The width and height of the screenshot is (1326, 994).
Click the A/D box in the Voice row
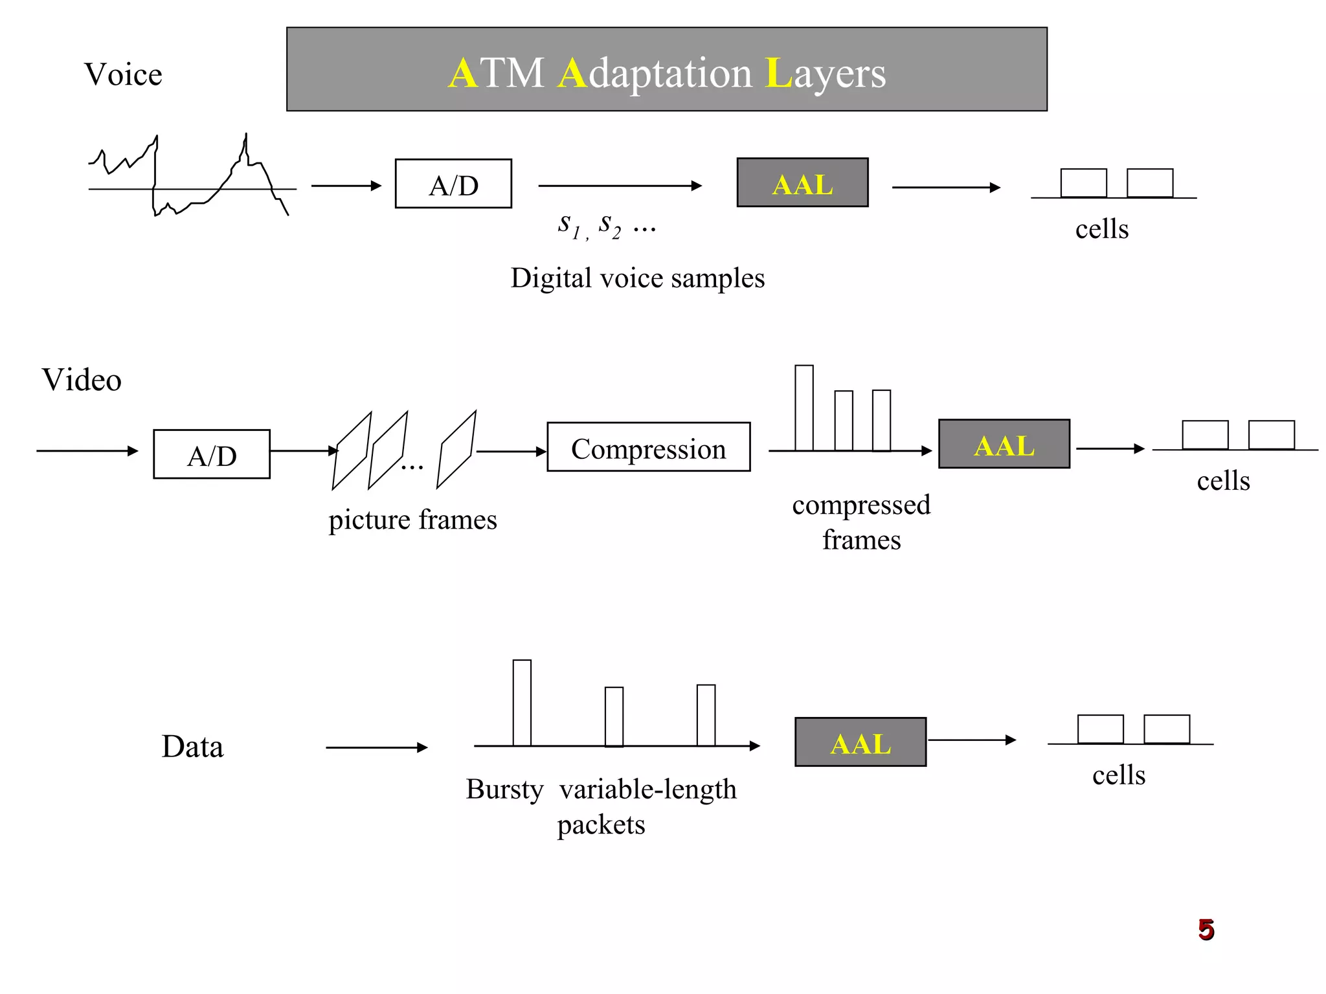coord(453,184)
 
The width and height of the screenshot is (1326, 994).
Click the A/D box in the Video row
coord(212,454)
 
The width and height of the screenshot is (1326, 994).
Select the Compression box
coord(648,447)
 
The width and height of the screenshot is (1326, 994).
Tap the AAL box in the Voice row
coord(802,183)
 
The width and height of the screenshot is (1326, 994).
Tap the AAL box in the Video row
coord(1004,445)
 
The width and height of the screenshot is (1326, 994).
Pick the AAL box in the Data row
coord(860,742)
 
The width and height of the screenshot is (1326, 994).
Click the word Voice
coord(123,74)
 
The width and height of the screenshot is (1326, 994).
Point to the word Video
coord(82,380)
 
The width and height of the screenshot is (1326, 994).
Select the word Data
coord(192,747)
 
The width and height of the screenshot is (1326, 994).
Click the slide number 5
coord(1206,930)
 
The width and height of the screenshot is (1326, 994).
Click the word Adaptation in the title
coord(655,73)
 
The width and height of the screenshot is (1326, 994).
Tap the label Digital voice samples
coord(637,278)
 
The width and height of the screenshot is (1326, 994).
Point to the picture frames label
coord(412,520)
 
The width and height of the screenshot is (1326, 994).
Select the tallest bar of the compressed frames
coord(803,408)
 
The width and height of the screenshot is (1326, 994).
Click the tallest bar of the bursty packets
coord(522,703)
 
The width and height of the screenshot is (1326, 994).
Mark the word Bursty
coord(504,790)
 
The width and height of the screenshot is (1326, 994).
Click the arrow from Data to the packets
coord(376,747)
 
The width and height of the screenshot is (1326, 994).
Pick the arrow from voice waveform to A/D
coord(346,186)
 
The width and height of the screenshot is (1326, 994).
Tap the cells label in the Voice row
coord(1101,230)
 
